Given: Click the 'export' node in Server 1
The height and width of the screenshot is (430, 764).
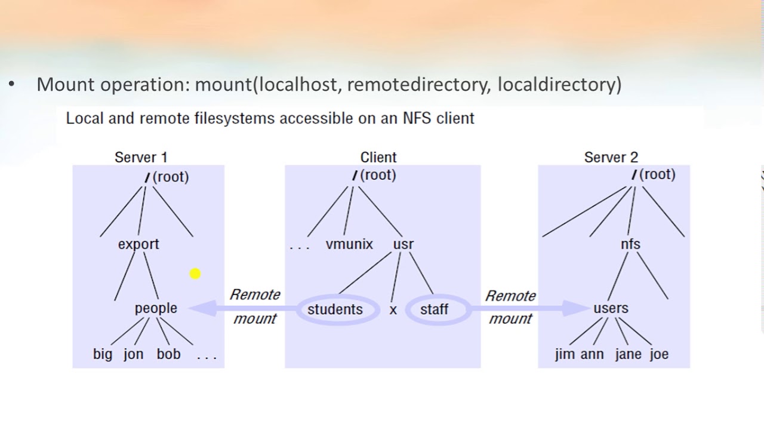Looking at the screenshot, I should coord(138,244).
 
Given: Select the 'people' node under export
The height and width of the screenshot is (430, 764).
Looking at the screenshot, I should coord(156,308).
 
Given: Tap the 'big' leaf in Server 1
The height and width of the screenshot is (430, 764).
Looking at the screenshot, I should coord(103,354).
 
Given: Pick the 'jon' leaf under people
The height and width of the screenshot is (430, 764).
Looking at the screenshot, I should coord(134,354).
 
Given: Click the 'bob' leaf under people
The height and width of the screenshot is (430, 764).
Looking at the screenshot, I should coord(168,354).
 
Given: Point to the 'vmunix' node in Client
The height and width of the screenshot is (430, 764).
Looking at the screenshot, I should coord(349,244).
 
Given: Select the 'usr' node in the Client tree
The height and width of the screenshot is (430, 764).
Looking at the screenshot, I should coord(403,244).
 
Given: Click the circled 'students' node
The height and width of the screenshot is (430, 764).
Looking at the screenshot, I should coord(335,309).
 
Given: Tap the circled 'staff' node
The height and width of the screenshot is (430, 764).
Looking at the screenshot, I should coord(434,309).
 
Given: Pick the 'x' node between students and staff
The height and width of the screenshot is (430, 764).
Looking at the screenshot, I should coord(393,310).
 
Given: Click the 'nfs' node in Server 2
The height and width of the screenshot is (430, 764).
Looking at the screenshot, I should coord(630,244).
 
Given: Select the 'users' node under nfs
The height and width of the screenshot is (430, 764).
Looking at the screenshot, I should coord(611,308).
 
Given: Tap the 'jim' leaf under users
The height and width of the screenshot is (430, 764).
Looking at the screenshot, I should coord(565,354).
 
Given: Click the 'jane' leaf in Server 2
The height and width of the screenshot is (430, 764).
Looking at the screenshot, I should coord(628,354).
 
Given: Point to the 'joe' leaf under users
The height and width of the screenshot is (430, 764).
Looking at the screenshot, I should coord(659,354).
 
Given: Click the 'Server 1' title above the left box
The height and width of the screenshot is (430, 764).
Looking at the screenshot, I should coord(141,157).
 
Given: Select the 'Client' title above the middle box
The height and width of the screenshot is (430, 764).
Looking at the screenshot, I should coord(378,157).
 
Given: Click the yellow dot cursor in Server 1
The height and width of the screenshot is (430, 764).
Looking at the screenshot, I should coord(195,274).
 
